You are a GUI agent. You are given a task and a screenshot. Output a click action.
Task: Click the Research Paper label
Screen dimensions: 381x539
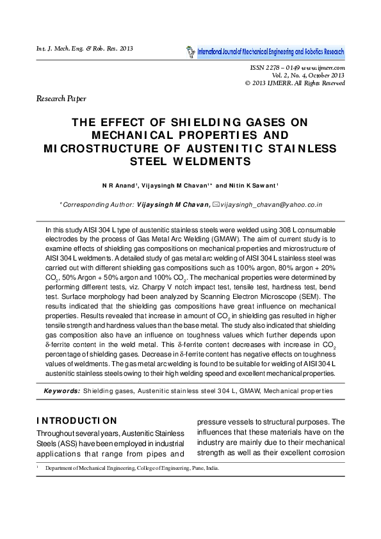click(x=61, y=99)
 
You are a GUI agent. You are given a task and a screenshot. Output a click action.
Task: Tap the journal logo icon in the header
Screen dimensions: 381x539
click(x=190, y=51)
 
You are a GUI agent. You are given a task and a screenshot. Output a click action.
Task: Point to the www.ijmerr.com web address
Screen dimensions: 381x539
click(x=324, y=67)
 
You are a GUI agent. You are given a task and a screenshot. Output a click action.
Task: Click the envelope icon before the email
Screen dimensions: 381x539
click(x=215, y=204)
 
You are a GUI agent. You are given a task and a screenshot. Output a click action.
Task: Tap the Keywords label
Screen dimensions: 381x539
click(x=61, y=390)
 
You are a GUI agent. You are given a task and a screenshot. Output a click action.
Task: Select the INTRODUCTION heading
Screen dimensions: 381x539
click(x=77, y=421)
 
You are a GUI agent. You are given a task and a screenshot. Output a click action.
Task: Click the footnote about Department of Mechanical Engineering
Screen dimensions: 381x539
click(x=128, y=468)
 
